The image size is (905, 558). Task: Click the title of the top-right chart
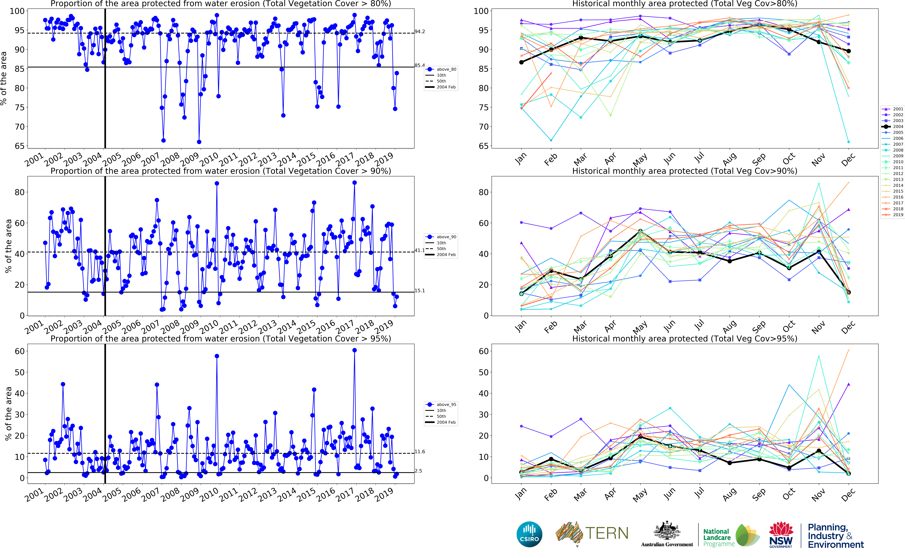click(x=685, y=4)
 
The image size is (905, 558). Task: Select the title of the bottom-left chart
click(x=220, y=338)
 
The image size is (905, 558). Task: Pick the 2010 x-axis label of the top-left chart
click(x=209, y=159)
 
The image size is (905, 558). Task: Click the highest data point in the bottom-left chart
click(x=354, y=350)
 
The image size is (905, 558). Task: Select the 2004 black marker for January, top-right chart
click(x=521, y=62)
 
